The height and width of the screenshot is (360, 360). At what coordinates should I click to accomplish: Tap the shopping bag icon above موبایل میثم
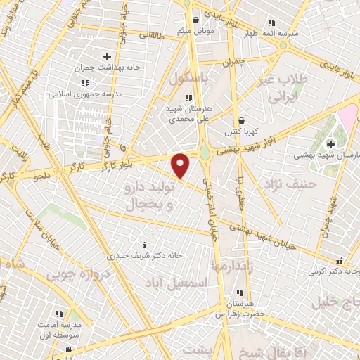coord(195,20)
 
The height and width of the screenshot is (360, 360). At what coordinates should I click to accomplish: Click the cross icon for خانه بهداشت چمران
coord(107,56)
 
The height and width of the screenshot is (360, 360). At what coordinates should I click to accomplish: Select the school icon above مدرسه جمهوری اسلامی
coord(85,83)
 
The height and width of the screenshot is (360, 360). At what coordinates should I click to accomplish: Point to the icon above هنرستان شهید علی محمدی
coord(187,98)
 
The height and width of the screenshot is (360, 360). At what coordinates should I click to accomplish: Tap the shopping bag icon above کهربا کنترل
coord(241,120)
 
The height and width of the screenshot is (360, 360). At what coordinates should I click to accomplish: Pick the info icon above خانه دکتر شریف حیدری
coord(145,245)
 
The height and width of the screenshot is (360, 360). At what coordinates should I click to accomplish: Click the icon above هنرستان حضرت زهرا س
coord(240,292)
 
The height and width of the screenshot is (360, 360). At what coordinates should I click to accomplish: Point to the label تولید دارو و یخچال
coord(148,196)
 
